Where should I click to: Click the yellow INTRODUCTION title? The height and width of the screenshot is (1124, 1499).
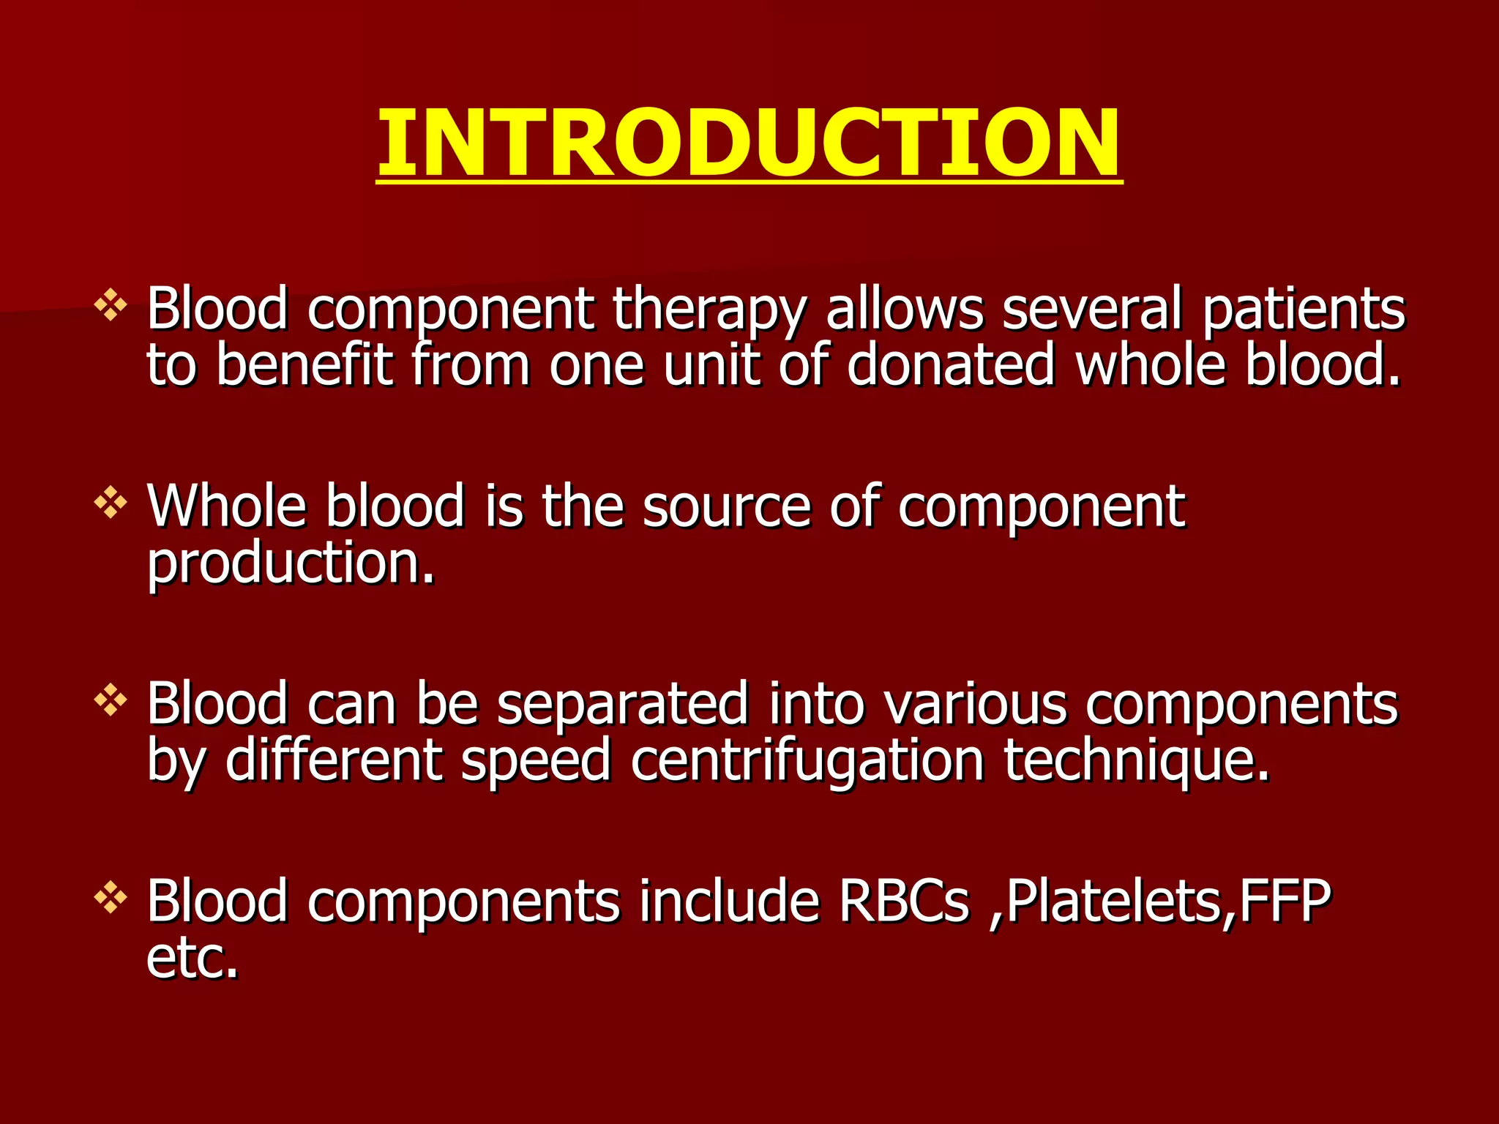pos(748,142)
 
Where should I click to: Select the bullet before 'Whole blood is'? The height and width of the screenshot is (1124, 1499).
pos(111,503)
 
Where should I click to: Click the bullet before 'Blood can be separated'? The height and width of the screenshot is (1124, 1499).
pos(111,700)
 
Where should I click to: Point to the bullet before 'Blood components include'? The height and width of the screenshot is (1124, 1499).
pos(111,898)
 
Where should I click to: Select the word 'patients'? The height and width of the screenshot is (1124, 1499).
pos(1303,308)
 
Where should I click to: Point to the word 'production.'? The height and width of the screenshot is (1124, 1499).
pos(291,564)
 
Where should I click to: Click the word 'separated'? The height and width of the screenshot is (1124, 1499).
pos(623,705)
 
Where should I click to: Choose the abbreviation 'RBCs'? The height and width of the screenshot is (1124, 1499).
pos(904,901)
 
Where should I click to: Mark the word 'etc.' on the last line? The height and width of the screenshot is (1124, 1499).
pos(192,958)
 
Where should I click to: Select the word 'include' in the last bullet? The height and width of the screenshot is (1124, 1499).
pos(729,901)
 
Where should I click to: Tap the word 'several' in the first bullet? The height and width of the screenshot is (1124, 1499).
pos(1091,308)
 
